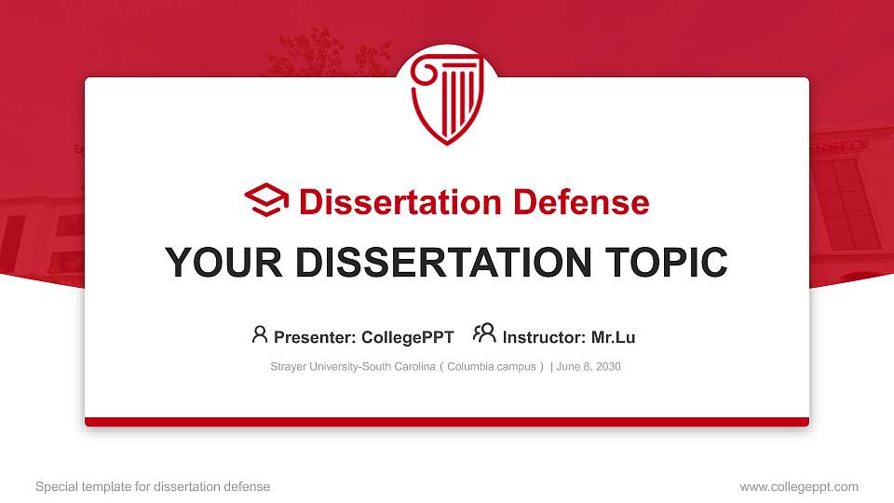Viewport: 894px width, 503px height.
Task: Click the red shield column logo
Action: point(447,98)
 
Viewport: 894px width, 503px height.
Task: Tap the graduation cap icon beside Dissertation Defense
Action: point(266,200)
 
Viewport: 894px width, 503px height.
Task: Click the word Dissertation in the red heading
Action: point(400,202)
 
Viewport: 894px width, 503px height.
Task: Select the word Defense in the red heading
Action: point(581,202)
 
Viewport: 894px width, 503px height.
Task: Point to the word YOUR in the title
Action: point(223,263)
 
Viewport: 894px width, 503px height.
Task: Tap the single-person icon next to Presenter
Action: point(260,334)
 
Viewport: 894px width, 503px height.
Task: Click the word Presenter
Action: point(315,337)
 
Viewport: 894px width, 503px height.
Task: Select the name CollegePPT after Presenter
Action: point(408,337)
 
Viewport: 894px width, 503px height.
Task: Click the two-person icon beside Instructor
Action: point(484,333)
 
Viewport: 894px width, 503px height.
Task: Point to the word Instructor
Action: point(545,337)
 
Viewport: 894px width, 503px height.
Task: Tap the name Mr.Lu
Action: point(613,337)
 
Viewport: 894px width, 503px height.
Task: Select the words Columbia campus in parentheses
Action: point(492,367)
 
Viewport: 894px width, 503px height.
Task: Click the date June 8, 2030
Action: point(589,367)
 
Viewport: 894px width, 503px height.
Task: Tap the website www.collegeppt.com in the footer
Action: point(799,487)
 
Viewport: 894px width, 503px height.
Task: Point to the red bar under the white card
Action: point(447,422)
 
